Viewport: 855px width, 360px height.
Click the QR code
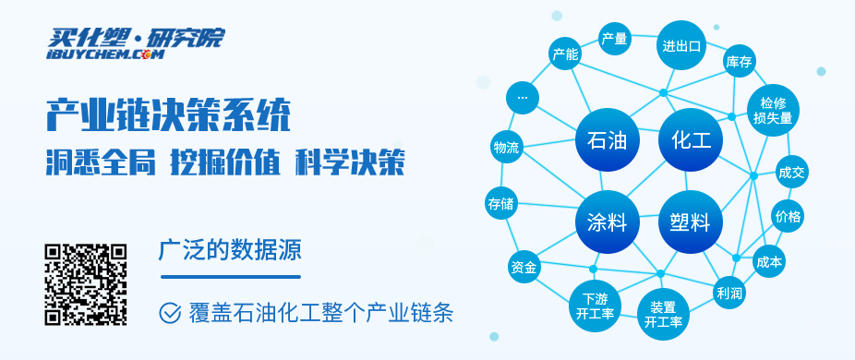click(x=86, y=284)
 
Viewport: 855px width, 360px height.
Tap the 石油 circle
click(x=607, y=139)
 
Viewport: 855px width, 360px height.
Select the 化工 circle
click(x=691, y=139)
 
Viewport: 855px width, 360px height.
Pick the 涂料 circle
click(x=607, y=222)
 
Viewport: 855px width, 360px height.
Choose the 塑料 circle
click(x=691, y=222)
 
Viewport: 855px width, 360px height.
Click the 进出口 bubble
click(x=681, y=45)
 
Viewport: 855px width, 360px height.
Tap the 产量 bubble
click(x=615, y=39)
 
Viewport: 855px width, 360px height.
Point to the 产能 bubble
click(x=565, y=54)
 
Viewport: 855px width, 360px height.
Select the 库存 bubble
click(x=739, y=62)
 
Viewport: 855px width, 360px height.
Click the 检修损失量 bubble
click(x=773, y=110)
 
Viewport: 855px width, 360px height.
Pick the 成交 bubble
click(x=791, y=173)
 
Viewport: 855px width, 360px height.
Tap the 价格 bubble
click(x=788, y=216)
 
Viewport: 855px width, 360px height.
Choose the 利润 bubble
click(x=729, y=293)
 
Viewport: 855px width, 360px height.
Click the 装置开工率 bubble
click(x=663, y=315)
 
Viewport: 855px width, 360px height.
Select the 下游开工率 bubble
click(x=595, y=306)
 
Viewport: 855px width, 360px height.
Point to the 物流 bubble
click(x=507, y=147)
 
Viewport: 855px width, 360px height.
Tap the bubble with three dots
click(x=523, y=98)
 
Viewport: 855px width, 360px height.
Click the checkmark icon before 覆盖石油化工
click(x=170, y=313)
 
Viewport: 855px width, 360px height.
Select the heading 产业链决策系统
click(x=168, y=114)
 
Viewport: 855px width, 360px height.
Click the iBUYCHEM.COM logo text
click(x=105, y=54)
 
